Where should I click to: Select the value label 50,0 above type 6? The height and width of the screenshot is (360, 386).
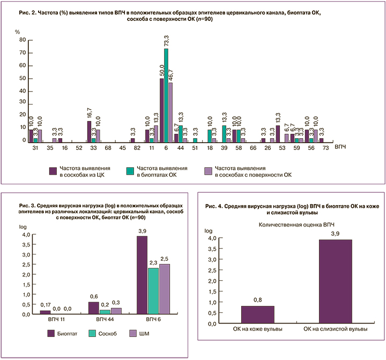(x=161, y=71)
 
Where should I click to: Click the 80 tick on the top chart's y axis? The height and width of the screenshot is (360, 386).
(x=22, y=40)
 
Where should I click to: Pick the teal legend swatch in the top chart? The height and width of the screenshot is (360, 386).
(x=130, y=170)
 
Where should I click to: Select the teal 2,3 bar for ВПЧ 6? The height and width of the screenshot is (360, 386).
(x=153, y=291)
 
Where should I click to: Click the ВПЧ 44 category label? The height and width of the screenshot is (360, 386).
(x=106, y=320)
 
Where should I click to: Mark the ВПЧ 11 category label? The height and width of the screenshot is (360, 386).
(x=58, y=320)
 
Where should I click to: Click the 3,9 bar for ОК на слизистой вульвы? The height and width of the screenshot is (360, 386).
(x=336, y=282)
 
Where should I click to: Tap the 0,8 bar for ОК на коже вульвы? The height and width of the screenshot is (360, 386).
(x=258, y=315)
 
